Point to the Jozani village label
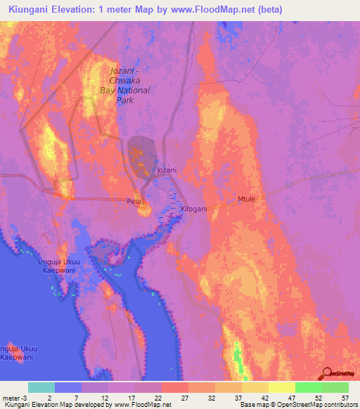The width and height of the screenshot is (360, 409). pos(166,171)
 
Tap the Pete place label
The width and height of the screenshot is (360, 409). pos(134,202)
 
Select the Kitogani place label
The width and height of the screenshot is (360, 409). pos(194,209)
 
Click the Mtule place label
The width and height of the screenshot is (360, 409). pos(246,199)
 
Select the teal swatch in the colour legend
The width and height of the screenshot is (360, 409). pos(41,387)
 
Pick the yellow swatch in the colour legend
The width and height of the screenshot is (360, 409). pos(281,387)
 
